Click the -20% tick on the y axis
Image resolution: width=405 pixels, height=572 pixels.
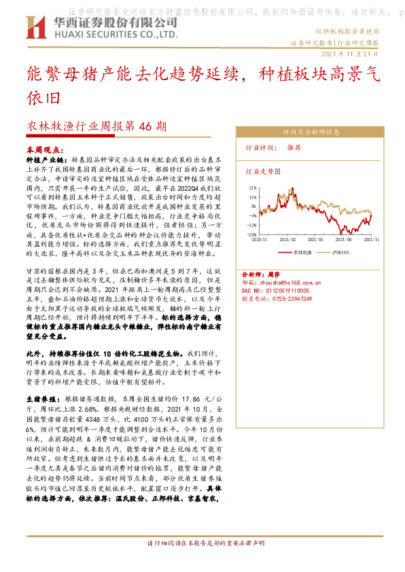tap(253, 234)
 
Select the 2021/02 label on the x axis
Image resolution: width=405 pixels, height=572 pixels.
tap(289, 240)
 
